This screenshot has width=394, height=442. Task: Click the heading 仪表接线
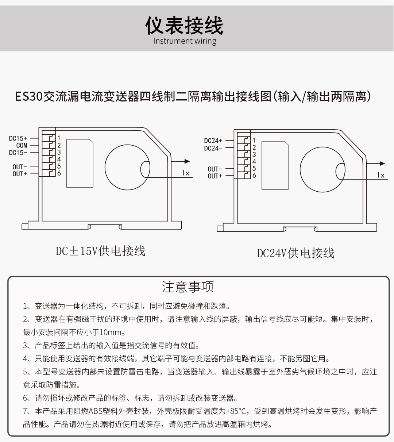pos(184,26)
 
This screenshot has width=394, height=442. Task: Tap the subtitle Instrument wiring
pos(185,41)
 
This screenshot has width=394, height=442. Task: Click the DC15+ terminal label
pos(18,138)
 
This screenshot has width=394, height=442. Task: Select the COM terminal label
pos(22,145)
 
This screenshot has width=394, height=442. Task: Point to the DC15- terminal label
pos(18,153)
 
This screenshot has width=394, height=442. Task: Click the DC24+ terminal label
pos(213,141)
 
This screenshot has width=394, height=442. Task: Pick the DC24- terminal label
pos(213,148)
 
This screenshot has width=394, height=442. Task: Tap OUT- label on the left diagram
pos(20,167)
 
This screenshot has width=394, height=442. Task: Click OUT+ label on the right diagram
pos(215,176)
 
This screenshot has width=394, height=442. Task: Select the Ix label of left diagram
pos(186,173)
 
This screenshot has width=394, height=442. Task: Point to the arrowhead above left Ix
pos(187,161)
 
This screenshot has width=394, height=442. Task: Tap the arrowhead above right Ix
pos(382,164)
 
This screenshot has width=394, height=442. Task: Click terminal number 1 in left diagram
pos(59,138)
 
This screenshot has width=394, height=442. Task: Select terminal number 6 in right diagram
pos(254,176)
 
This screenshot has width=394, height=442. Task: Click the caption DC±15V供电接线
pos(101,251)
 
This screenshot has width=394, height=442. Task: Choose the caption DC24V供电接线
pos(295,253)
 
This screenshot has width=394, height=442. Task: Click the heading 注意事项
pos(188,287)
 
